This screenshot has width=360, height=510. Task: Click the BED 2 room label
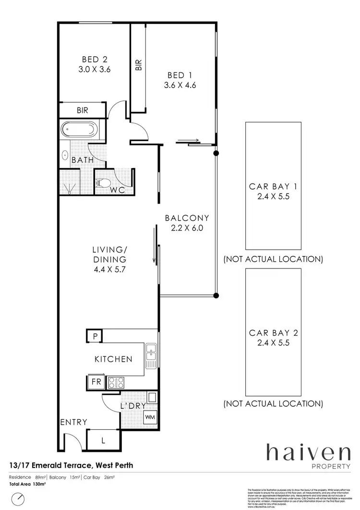(94, 60)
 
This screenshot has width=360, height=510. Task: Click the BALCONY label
(187, 218)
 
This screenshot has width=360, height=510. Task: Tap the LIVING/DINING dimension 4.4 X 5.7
(109, 269)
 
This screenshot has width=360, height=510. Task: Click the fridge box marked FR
(96, 382)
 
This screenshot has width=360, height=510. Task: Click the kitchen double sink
(151, 357)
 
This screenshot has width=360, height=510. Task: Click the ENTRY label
(73, 422)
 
